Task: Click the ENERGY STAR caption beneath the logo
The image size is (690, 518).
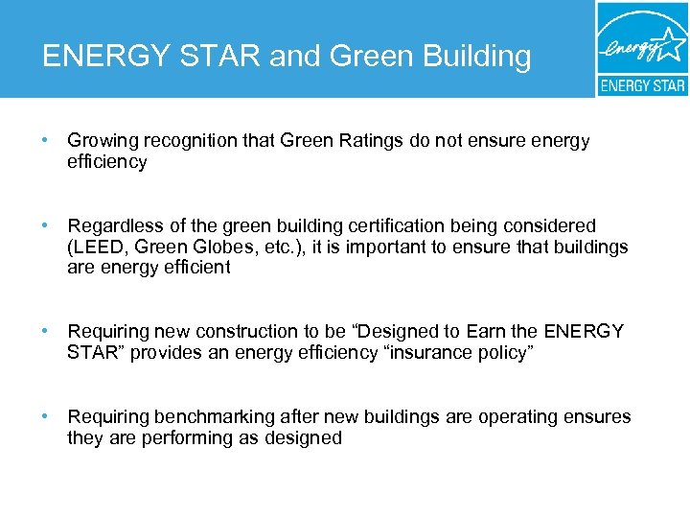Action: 642,85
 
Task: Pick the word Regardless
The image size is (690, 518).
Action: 110,226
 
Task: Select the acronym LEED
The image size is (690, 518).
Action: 96,247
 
